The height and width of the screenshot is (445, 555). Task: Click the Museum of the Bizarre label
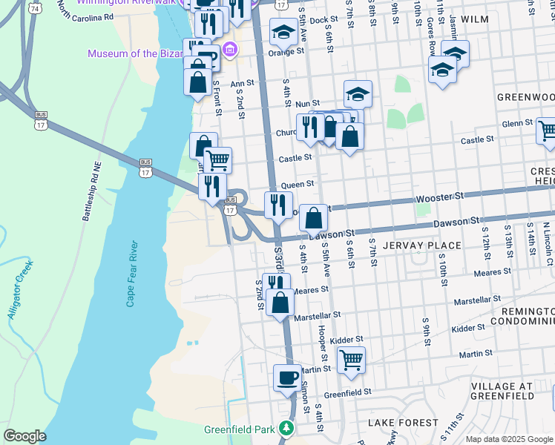(x=135, y=53)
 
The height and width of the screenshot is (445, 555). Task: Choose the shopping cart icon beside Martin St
(x=351, y=360)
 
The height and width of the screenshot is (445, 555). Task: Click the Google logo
(x=24, y=436)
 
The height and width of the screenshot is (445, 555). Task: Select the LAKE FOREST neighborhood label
(x=403, y=422)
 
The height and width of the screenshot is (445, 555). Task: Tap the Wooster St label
(x=439, y=197)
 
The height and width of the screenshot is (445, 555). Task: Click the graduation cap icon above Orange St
(x=283, y=33)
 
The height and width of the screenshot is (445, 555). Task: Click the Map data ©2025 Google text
(x=509, y=439)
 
